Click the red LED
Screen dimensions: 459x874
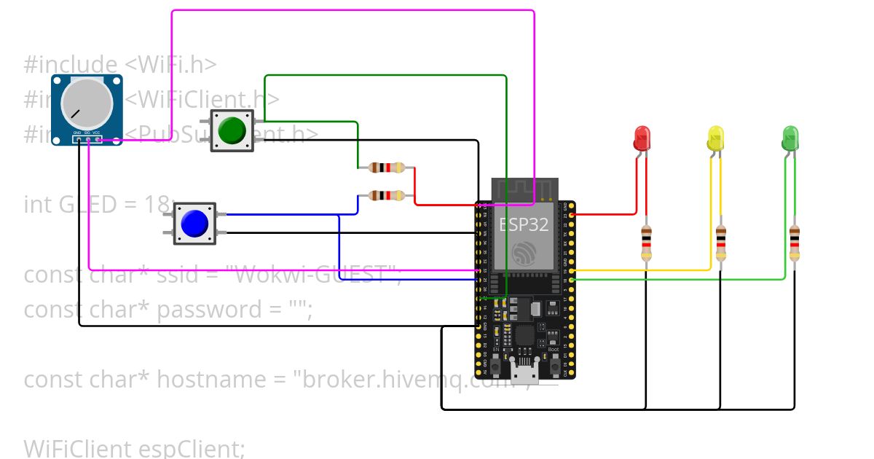coord(642,137)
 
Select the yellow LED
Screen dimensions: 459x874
coord(716,137)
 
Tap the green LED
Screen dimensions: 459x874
coord(790,137)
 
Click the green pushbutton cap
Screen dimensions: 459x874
coord(232,130)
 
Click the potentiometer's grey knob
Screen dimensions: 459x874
coord(87,102)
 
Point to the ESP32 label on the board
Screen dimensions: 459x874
coord(524,224)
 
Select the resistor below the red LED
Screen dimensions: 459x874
coord(646,243)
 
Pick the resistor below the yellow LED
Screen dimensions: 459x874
coord(720,243)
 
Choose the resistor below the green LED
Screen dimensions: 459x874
coord(795,243)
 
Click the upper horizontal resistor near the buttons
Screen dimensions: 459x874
coord(386,168)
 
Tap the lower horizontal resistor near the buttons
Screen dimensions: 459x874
coord(386,195)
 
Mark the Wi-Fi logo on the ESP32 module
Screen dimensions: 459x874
coord(524,254)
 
